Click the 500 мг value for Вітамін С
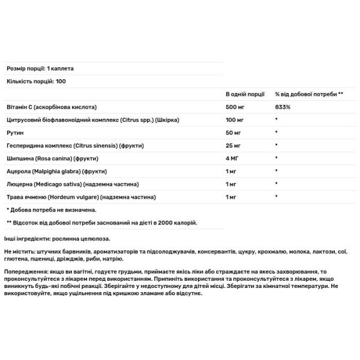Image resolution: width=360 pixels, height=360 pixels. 234,107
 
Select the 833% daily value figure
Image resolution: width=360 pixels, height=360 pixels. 283,107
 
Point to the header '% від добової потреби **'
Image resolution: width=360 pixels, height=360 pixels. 309,94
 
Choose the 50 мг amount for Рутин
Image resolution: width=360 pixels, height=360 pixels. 233,133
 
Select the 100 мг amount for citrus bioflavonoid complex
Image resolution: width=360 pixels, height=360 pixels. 234,120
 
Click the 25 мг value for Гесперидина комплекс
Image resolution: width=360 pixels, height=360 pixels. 233,145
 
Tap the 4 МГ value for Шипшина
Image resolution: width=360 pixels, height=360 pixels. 232,158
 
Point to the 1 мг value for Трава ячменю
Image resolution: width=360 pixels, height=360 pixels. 231,197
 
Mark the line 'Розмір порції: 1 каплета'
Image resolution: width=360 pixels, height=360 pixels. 40,68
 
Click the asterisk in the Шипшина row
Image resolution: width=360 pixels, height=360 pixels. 277,158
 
